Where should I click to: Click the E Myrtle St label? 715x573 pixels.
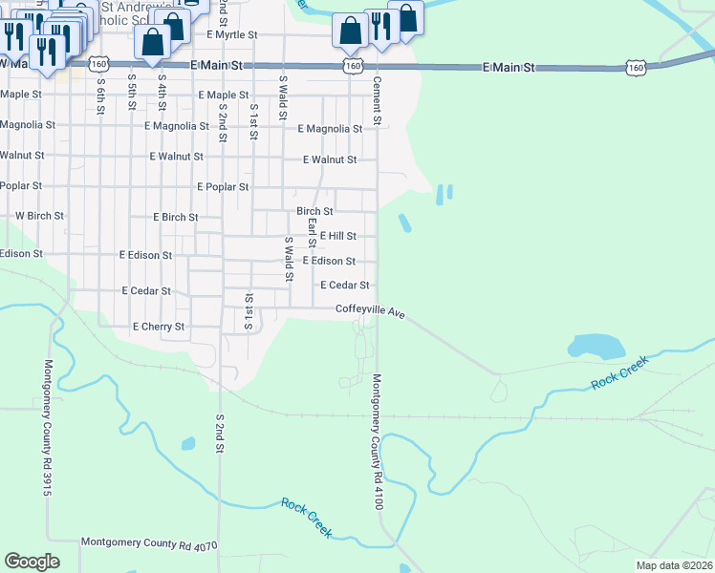point(232,34)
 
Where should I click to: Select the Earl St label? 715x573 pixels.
point(312,234)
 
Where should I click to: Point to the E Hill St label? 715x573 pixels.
point(337,236)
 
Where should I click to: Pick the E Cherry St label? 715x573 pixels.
point(158,327)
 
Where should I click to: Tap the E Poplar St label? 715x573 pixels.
point(222,187)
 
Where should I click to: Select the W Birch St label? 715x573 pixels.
point(39,216)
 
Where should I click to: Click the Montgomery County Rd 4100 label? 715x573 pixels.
point(378,440)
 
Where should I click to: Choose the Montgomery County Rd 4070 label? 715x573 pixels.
point(149,544)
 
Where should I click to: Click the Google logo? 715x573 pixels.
point(32,562)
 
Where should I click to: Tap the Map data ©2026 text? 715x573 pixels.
point(674,565)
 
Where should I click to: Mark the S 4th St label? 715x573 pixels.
point(162,93)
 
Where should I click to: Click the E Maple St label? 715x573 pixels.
point(223,95)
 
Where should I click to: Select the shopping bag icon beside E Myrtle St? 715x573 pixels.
point(152,42)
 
